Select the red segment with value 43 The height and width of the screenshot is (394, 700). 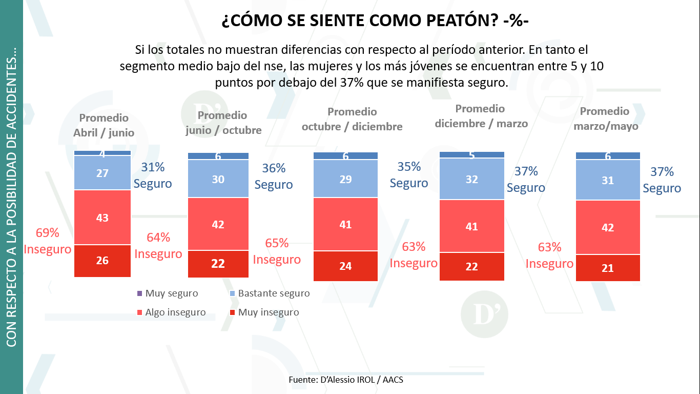pos(102,218)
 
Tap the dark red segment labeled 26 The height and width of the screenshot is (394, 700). pos(102,261)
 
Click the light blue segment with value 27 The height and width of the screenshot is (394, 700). pos(102,173)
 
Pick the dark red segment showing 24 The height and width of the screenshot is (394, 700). pos(345,266)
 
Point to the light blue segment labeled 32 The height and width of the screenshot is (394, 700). pos(472,179)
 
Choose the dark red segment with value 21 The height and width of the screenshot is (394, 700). pos(608,268)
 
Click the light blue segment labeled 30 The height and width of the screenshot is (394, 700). pos(218,179)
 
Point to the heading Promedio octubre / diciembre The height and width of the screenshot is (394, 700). pos(352,119)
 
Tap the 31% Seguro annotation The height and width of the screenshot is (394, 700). pos(153,175)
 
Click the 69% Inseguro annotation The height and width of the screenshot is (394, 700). pos(47,241)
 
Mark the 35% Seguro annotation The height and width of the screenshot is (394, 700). pos(409,175)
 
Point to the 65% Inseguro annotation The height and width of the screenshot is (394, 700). pos(277,251)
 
